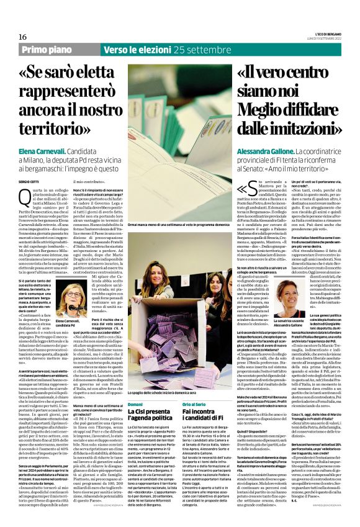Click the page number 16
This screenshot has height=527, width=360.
pos(22,37)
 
